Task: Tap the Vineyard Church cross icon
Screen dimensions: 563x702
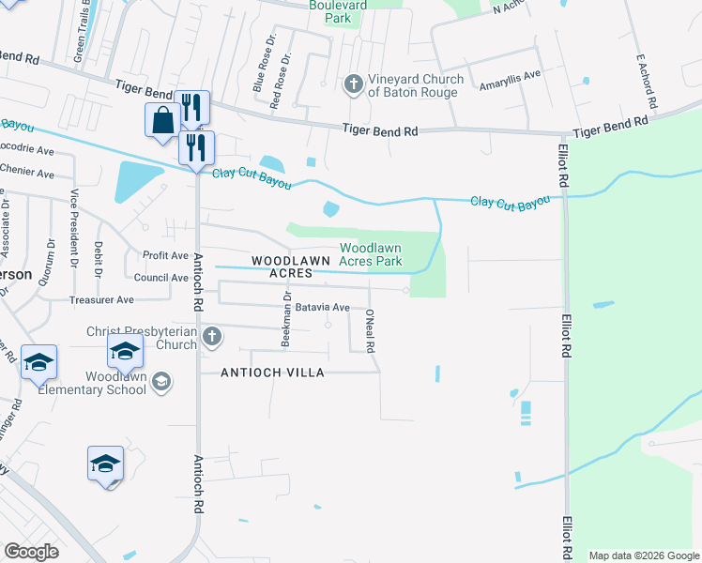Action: tap(353, 85)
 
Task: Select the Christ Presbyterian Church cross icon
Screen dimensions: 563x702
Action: tap(212, 336)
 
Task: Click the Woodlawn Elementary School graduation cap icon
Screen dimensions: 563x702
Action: tap(161, 381)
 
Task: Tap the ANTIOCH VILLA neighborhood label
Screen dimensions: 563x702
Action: tap(272, 373)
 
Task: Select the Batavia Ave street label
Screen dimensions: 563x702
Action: tap(322, 307)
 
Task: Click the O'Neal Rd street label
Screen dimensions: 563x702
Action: tap(371, 331)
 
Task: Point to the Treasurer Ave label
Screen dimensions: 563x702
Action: tap(101, 300)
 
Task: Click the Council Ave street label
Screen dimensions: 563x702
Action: tap(160, 278)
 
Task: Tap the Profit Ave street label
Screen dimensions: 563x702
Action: tap(165, 255)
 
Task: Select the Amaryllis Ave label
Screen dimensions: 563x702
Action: tap(511, 75)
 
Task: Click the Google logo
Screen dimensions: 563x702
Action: tap(32, 552)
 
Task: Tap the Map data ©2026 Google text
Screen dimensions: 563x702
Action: tap(643, 555)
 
